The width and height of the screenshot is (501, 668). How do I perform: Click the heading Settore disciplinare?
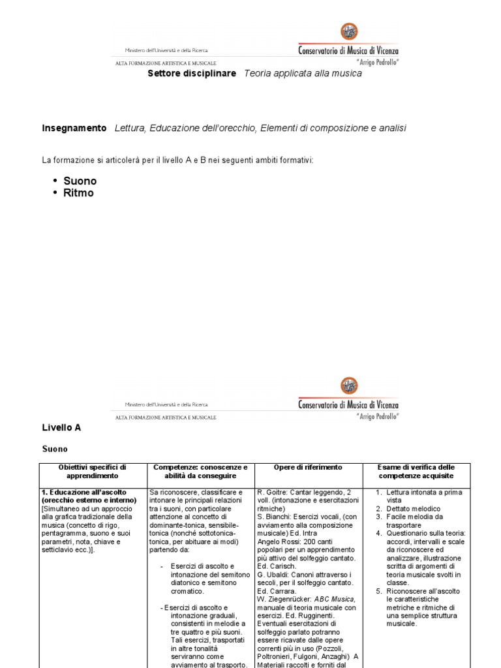192,74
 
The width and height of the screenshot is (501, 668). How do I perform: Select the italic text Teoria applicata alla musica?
303,74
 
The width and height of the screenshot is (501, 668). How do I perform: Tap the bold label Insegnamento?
74,129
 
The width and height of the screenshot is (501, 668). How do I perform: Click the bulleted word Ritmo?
78,193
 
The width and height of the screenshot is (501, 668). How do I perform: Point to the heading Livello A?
61,428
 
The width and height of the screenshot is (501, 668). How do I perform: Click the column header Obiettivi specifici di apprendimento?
92,472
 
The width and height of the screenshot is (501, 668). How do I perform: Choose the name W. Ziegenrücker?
286,599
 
